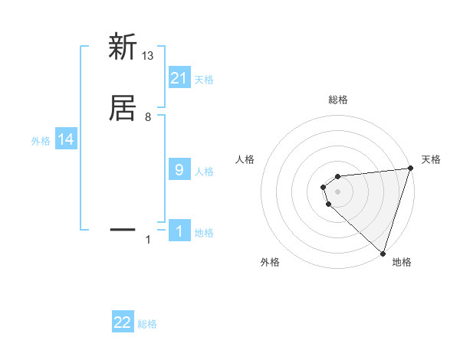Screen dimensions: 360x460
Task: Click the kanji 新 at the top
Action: (123, 47)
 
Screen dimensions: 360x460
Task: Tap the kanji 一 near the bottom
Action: (123, 228)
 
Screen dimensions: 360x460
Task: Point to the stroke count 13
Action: (148, 55)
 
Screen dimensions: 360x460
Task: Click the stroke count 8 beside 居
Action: (148, 117)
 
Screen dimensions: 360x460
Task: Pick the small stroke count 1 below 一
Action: (148, 241)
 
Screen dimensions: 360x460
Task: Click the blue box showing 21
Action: (179, 78)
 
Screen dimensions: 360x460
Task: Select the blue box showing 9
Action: (179, 169)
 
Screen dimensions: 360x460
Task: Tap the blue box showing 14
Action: (66, 139)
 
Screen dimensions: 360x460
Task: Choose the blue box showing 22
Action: (123, 322)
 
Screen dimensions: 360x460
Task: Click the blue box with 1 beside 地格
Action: (179, 231)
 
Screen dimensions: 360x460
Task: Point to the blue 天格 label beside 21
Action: (204, 79)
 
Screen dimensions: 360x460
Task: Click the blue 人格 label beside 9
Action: (204, 171)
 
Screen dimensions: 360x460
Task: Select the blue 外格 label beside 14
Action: (41, 141)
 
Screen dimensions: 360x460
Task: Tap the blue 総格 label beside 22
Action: (147, 324)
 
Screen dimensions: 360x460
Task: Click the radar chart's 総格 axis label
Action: (338, 100)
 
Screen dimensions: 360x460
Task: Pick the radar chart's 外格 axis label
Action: (270, 263)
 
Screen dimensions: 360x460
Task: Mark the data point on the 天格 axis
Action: (410, 169)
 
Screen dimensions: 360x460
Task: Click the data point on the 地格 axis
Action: (383, 253)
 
